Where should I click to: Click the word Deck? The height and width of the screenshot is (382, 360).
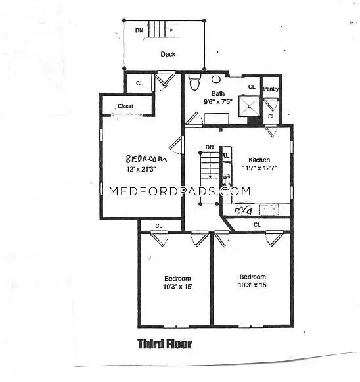[x=168, y=55]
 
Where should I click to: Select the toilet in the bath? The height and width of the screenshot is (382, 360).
[x=194, y=83]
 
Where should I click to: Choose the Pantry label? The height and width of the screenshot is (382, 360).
[x=271, y=88]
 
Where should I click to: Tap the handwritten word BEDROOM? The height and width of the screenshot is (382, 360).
[x=146, y=158]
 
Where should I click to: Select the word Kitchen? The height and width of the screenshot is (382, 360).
[x=259, y=160]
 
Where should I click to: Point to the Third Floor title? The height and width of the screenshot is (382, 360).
[x=164, y=344]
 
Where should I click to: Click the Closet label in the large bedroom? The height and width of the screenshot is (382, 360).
[x=125, y=106]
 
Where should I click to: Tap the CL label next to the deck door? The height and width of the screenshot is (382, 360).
[x=139, y=84]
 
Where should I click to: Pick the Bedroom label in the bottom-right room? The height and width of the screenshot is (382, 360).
[x=252, y=277]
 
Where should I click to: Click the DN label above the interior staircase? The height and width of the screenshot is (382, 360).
[x=209, y=147]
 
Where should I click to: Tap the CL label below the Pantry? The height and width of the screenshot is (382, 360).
[x=271, y=116]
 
